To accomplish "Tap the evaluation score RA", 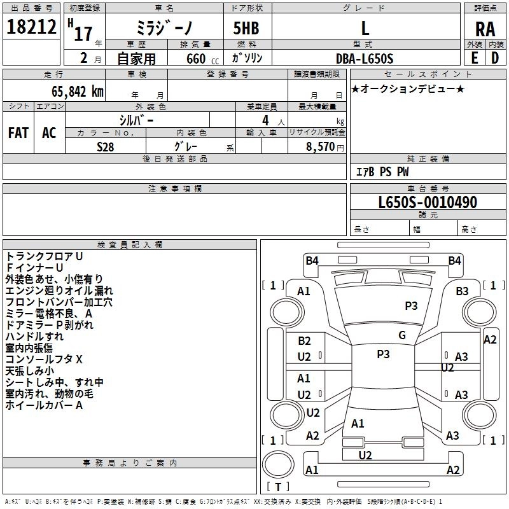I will pyautogui.click(x=485, y=29).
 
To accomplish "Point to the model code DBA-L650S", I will pyautogui.click(x=365, y=58).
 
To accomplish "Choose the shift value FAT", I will pyautogui.click(x=18, y=133).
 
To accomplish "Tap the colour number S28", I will pyautogui.click(x=105, y=146).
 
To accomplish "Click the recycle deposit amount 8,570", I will pyautogui.click(x=319, y=146).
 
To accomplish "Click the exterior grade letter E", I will pyautogui.click(x=474, y=58).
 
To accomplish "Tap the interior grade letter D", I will pyautogui.click(x=494, y=58).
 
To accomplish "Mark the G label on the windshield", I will pyautogui.click(x=401, y=335).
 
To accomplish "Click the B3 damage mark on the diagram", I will pyautogui.click(x=462, y=291).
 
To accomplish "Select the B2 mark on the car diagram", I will pyautogui.click(x=304, y=341).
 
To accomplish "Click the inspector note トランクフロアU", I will pyautogui.click(x=44, y=256).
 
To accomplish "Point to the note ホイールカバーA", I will pyautogui.click(x=44, y=405).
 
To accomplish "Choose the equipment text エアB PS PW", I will pyautogui.click(x=382, y=172).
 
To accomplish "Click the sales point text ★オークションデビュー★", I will pyautogui.click(x=408, y=88).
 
